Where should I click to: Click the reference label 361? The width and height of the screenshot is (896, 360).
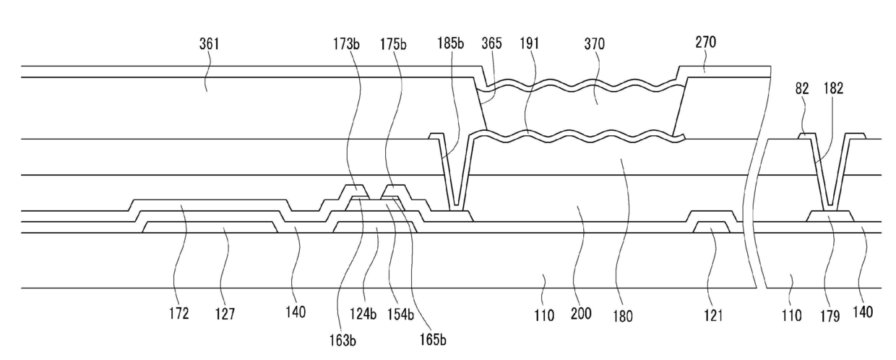pyautogui.click(x=210, y=44)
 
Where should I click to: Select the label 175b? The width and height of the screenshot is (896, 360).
pyautogui.click(x=393, y=44)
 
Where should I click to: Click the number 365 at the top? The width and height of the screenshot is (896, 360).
pyautogui.click(x=491, y=44)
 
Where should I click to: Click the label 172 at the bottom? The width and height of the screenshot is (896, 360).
pyautogui.click(x=179, y=314)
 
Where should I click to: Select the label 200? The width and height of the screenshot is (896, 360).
pyautogui.click(x=580, y=314)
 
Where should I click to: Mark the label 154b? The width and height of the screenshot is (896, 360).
pyautogui.click(x=406, y=314)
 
